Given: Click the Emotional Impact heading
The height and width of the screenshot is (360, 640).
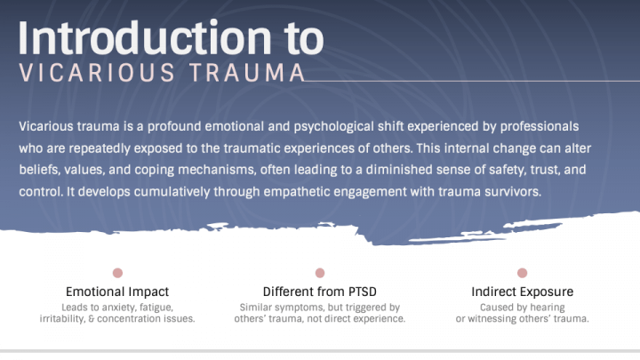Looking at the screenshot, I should point(117,292).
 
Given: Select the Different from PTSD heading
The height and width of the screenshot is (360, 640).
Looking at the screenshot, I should point(320,292).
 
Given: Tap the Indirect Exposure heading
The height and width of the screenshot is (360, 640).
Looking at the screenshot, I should point(522,292).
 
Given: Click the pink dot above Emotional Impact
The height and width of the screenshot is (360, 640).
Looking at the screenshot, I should point(117,273).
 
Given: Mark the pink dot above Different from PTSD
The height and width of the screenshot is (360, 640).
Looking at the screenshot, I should point(320,273).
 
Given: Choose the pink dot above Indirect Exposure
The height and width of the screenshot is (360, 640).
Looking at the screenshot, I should point(522,273).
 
